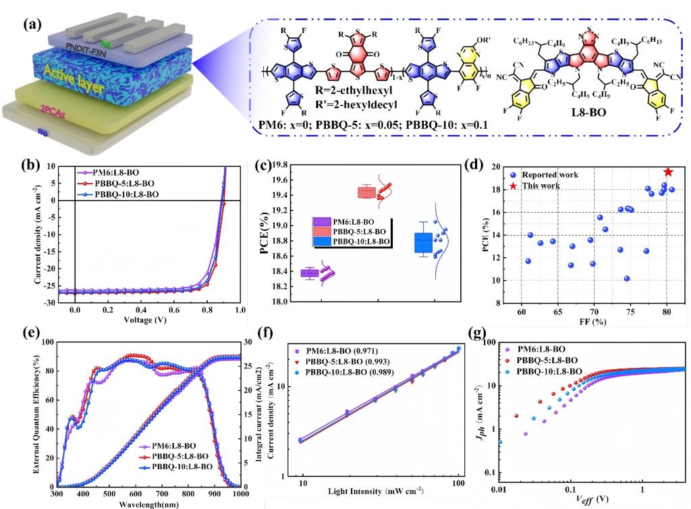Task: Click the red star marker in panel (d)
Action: click(668, 173)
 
